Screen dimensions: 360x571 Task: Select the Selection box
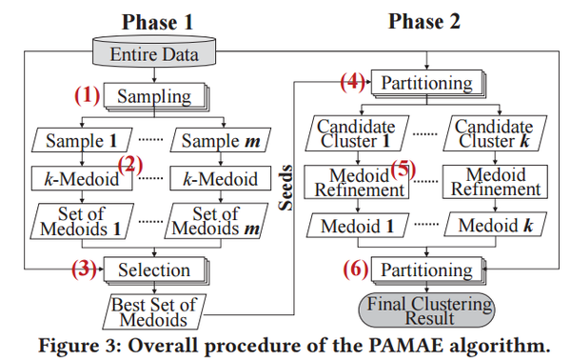(x=154, y=270)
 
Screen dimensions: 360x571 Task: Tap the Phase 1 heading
(x=156, y=20)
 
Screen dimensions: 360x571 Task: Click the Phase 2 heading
(x=426, y=20)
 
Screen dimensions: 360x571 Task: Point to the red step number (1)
(x=88, y=96)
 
